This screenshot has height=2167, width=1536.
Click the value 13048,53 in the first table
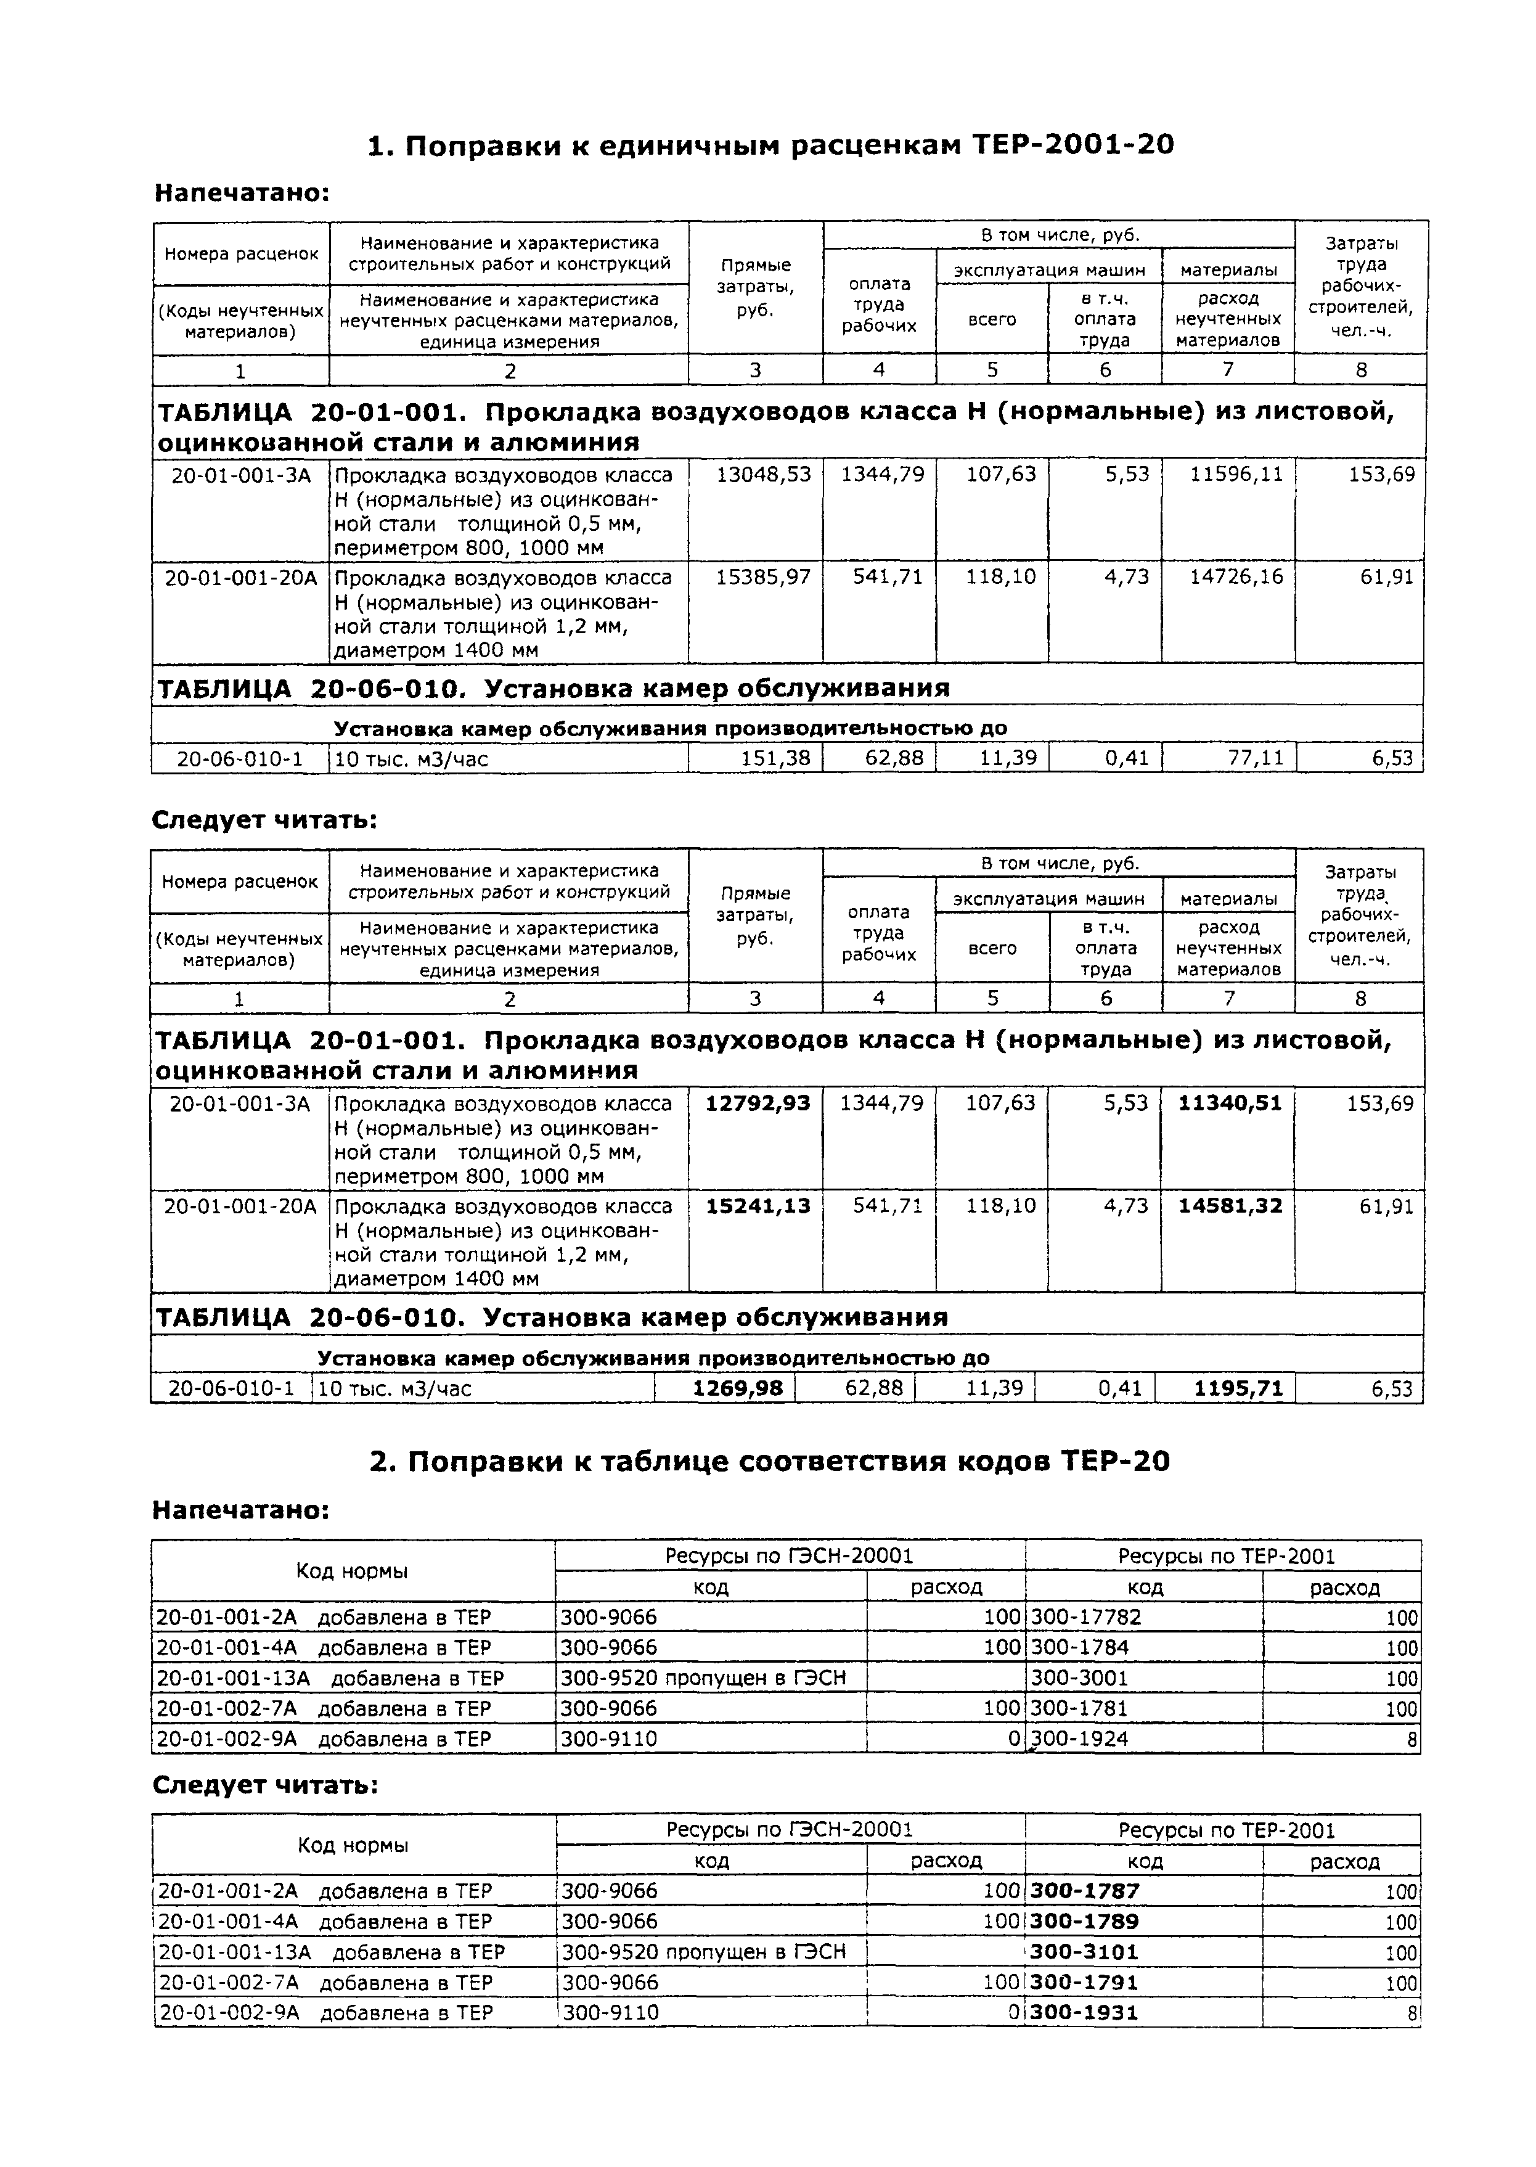click(763, 474)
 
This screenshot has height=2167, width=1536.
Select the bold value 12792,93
click(759, 1103)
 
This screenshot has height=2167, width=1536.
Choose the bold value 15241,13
click(759, 1206)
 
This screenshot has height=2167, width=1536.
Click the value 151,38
click(777, 758)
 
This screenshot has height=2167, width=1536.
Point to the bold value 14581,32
click(1230, 1206)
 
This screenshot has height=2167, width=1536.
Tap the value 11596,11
click(1236, 474)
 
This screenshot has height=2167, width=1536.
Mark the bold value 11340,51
click(1230, 1103)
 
